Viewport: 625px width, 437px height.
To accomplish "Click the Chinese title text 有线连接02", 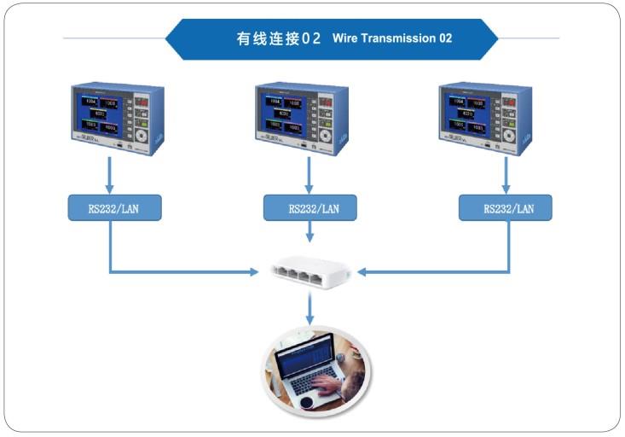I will (x=279, y=38).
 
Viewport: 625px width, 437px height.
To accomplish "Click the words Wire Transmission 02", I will (x=392, y=38).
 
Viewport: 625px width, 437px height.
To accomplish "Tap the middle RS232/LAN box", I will (x=310, y=207).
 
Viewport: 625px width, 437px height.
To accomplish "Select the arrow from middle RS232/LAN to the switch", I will (x=310, y=232).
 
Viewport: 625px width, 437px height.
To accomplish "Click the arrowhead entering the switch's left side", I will (x=253, y=272).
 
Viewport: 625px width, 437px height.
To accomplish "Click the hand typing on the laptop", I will (x=327, y=385).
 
